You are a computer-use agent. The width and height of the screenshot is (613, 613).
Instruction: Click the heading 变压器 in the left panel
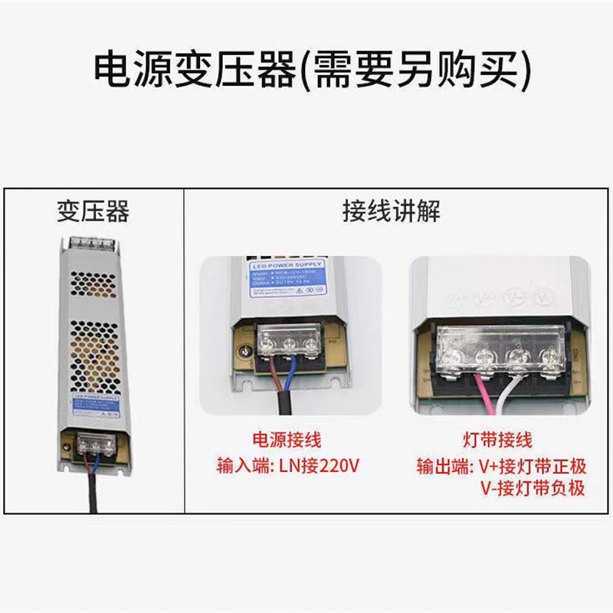point(92,211)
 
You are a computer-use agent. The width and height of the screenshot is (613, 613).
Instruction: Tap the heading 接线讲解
point(391,211)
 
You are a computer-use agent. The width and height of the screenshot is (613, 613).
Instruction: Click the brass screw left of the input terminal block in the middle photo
point(245,352)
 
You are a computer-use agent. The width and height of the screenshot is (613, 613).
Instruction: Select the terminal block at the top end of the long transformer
point(92,244)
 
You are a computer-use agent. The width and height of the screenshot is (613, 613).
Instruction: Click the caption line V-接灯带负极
point(533,488)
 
